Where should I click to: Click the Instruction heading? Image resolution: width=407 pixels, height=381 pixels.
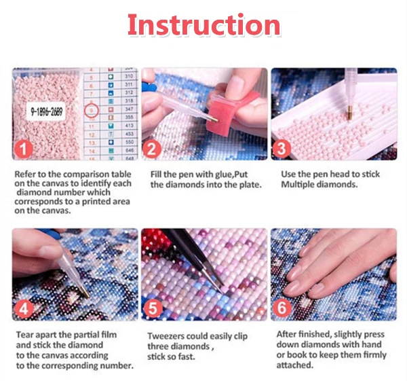[x=203, y=24]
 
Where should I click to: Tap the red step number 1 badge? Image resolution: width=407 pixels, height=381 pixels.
[x=23, y=149]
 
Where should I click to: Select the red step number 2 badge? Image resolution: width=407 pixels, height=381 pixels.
[x=152, y=149]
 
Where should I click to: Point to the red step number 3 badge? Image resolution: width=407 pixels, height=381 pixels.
[x=282, y=149]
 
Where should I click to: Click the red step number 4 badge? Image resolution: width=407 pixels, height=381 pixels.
[x=24, y=309]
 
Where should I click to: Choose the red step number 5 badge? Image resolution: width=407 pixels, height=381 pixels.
[x=153, y=309]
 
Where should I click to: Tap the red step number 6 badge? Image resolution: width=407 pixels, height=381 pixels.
[x=282, y=308]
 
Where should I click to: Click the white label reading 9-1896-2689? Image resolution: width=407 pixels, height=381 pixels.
[x=46, y=111]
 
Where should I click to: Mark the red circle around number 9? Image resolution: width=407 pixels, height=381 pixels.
[x=92, y=111]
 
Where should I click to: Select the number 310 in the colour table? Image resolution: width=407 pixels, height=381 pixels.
[x=129, y=76]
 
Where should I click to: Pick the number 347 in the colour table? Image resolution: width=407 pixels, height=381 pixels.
[x=129, y=109]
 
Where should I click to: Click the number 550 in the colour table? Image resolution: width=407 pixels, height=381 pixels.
[x=129, y=142]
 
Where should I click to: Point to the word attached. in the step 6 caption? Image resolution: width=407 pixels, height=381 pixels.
[x=295, y=365]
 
